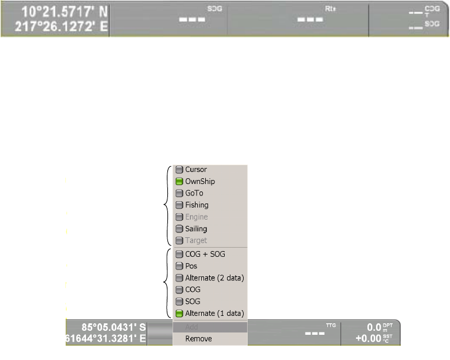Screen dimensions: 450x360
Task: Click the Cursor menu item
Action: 195,170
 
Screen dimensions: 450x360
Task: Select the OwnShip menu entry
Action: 199,181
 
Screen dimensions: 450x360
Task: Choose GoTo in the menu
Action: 194,193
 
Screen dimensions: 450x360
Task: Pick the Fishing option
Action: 197,205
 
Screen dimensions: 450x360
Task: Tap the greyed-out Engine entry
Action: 196,217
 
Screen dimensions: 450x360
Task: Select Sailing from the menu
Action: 196,229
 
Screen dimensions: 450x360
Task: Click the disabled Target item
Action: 195,241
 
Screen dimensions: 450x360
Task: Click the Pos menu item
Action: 191,266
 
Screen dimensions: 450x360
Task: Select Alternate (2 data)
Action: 214,278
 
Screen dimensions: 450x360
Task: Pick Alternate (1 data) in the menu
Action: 214,314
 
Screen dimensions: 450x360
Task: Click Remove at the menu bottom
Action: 198,339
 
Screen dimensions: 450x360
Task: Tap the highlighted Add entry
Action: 192,327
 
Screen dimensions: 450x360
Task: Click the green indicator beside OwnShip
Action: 179,182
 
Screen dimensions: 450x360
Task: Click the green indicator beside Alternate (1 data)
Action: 179,314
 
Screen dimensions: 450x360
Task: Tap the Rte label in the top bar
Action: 329,9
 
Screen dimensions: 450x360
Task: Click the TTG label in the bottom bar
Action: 331,325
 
